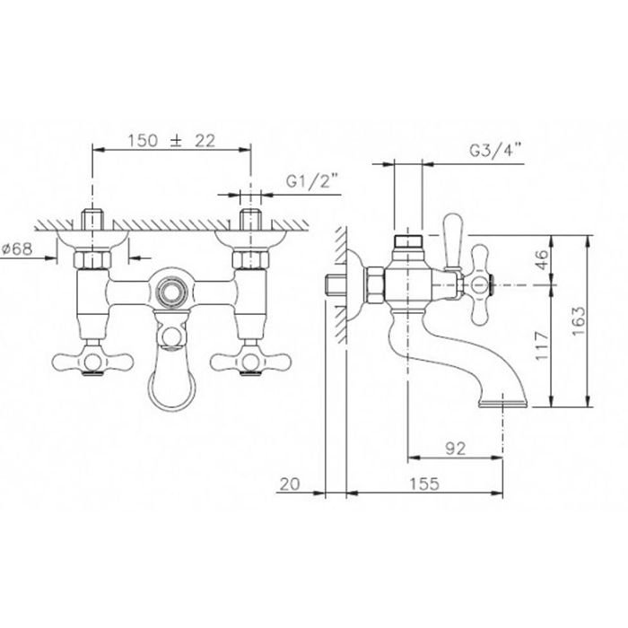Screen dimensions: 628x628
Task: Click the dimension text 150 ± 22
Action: [171, 141]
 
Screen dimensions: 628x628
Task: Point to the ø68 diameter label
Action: [17, 249]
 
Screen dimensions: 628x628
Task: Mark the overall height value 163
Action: [578, 321]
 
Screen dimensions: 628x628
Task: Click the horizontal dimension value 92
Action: [456, 449]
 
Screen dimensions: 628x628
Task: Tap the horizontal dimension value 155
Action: [424, 484]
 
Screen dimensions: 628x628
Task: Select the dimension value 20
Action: [290, 484]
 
